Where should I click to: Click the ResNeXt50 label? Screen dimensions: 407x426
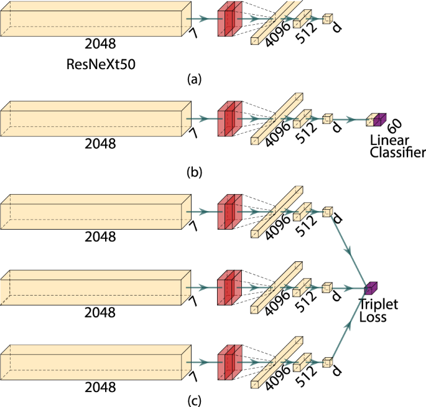coord(101,64)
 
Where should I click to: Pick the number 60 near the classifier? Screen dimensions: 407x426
coord(394,127)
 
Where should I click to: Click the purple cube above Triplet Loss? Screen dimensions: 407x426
coord(371,288)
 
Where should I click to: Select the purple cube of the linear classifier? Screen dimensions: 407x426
coord(380,118)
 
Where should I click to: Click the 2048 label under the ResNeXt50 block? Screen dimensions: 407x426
coord(101,45)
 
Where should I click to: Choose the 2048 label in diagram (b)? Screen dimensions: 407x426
coord(101,144)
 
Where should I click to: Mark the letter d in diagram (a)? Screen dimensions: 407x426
coord(336,29)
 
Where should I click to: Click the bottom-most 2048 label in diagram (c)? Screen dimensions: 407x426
coord(101,388)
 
